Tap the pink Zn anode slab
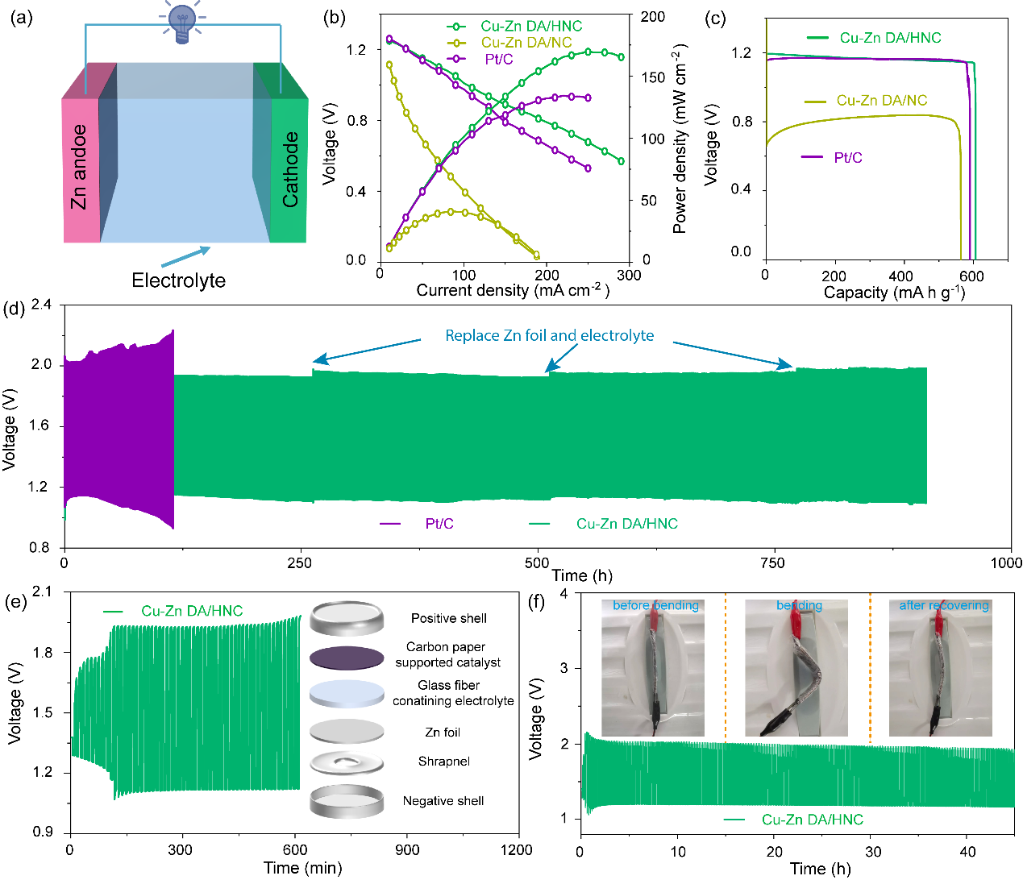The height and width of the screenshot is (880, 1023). tap(81, 169)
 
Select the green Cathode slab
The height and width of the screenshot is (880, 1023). tap(289, 169)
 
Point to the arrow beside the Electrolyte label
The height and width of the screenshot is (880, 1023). tap(185, 257)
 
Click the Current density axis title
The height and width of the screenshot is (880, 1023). tap(512, 290)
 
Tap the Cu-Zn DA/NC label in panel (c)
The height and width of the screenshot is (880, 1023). tap(881, 101)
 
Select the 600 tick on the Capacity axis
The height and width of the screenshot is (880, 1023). tap(971, 275)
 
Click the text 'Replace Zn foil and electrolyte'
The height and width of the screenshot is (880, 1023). tap(549, 335)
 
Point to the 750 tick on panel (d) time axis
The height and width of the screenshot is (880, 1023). tap(772, 563)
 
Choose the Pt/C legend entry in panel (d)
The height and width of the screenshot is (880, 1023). tap(439, 524)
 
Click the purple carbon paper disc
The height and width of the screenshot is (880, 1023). tap(347, 658)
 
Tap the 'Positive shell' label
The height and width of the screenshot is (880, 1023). tap(448, 618)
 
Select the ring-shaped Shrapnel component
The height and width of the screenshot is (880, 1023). tap(347, 762)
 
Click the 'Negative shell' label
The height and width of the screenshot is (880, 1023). tap(443, 801)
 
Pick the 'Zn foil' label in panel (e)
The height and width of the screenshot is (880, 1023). tap(443, 733)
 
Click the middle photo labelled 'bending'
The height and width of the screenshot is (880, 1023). tap(796, 668)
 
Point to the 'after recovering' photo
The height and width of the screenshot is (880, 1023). tap(940, 668)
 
